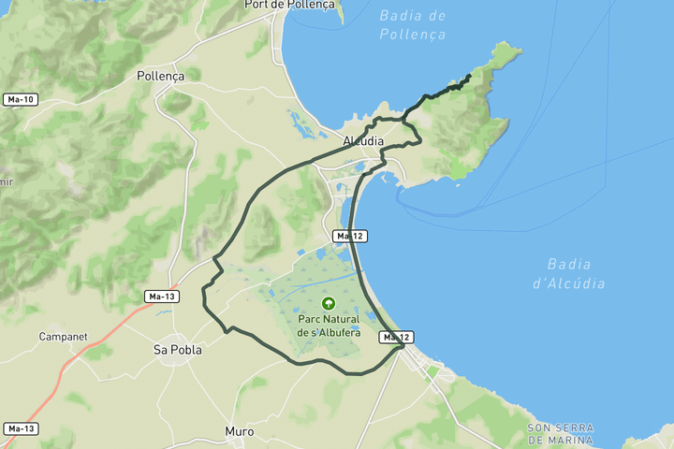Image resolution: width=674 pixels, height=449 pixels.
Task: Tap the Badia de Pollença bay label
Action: [413, 24]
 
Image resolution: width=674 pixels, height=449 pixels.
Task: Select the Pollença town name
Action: [161, 76]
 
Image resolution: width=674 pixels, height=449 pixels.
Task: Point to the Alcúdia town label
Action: [363, 141]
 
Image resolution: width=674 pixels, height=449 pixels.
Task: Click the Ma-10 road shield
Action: [20, 99]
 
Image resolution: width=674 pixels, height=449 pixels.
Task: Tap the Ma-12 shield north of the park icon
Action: [349, 236]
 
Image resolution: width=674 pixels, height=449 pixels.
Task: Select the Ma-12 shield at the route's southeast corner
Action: [396, 337]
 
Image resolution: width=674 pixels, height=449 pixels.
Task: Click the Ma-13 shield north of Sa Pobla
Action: [161, 297]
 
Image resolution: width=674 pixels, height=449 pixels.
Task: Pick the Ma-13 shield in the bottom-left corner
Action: [20, 428]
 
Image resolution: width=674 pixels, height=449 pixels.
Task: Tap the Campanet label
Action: [63, 336]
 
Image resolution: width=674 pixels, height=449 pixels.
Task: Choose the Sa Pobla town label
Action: [174, 350]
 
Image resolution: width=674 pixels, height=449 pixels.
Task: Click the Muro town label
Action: [240, 431]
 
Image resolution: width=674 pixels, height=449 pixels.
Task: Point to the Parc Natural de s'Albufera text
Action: [329, 326]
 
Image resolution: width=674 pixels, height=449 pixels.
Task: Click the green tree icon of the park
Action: [329, 303]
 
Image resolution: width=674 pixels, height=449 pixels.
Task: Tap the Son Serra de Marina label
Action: [560, 433]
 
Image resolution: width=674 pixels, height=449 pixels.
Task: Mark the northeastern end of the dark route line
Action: [469, 76]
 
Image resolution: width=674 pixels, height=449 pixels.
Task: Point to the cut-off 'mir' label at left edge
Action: [7, 181]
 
